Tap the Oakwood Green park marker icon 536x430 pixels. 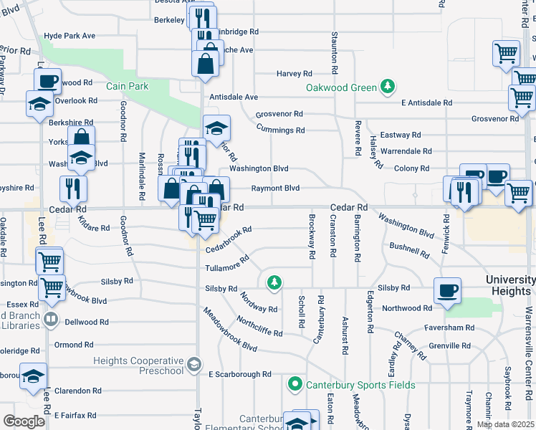click(x=388, y=87)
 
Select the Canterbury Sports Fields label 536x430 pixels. click(x=360, y=385)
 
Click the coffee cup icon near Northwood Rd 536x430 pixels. click(x=448, y=290)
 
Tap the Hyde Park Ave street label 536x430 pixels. click(x=70, y=35)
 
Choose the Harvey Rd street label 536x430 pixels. click(x=295, y=73)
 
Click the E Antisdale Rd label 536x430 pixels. click(x=426, y=102)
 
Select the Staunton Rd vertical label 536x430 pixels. click(x=334, y=53)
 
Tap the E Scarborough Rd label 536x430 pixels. click(x=240, y=374)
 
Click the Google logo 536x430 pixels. click(x=24, y=421)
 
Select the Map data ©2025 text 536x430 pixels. click(x=505, y=424)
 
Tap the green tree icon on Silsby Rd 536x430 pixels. click(x=274, y=282)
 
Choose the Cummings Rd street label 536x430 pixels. click(x=281, y=130)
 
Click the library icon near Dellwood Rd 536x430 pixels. click(x=50, y=318)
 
